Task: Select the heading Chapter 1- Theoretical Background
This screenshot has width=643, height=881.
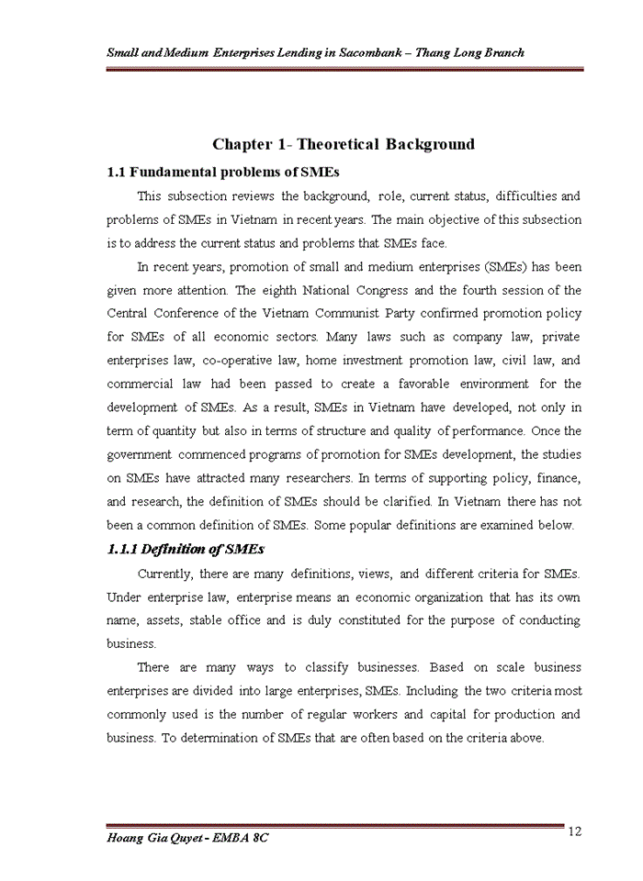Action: (344, 144)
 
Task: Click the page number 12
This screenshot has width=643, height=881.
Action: (575, 831)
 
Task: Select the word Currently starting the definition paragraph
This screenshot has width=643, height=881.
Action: (164, 574)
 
